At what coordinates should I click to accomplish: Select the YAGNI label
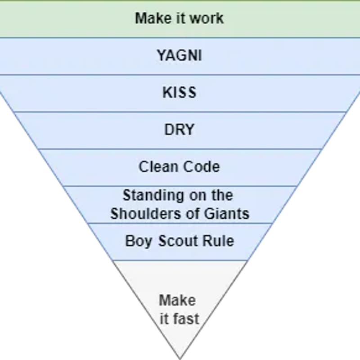pos(179,55)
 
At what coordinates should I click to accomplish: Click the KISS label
pos(179,92)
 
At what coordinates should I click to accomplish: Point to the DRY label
pos(179,130)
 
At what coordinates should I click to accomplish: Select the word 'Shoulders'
pos(143,213)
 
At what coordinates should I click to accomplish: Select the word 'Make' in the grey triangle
pos(177,300)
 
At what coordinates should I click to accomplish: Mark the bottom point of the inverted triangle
pos(180,358)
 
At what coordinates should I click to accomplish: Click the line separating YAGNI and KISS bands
pos(180,75)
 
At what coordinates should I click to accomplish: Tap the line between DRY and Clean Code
pos(180,149)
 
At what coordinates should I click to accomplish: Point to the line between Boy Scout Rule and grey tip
pos(180,260)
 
